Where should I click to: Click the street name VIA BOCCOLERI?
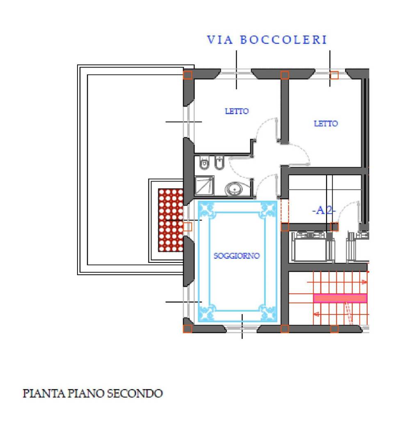click(267, 40)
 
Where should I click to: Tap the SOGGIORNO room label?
click(237, 256)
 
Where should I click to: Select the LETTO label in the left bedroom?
click(237, 111)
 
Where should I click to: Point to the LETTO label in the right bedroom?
click(326, 123)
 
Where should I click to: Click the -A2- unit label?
click(324, 210)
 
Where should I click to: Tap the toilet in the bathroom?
click(203, 164)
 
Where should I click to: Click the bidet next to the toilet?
click(219, 164)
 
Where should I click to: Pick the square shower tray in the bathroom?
click(204, 186)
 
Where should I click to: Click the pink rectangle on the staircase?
click(340, 298)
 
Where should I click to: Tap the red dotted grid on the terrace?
click(171, 220)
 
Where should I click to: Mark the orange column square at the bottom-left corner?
click(187, 328)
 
